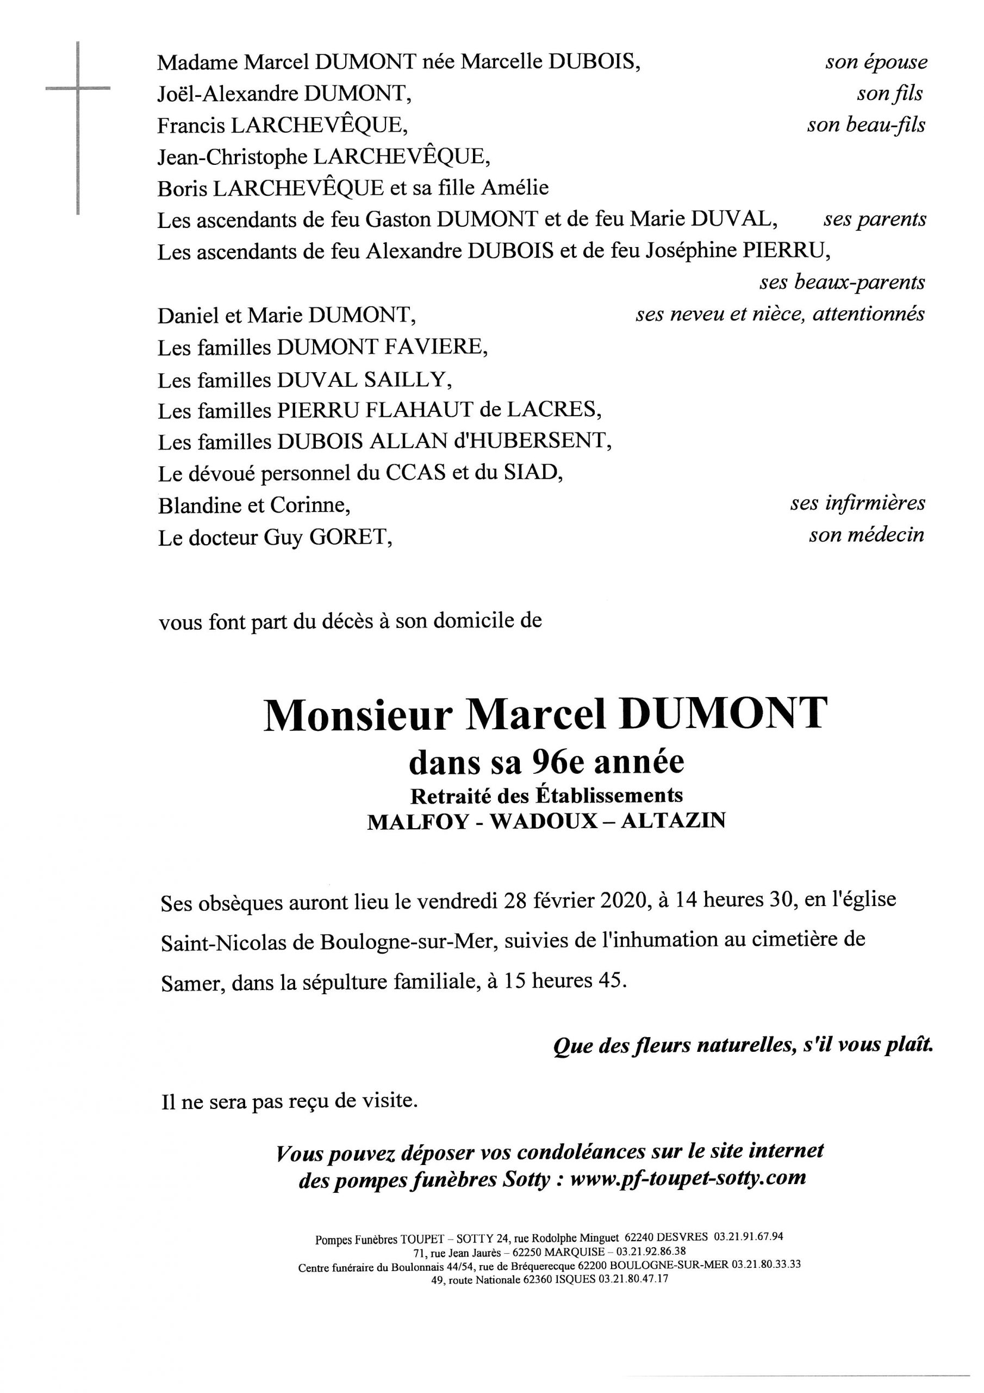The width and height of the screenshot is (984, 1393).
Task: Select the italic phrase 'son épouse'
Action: (x=875, y=62)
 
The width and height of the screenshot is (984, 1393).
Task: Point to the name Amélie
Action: (x=515, y=188)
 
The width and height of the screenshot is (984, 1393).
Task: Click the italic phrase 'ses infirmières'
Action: (x=857, y=503)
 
